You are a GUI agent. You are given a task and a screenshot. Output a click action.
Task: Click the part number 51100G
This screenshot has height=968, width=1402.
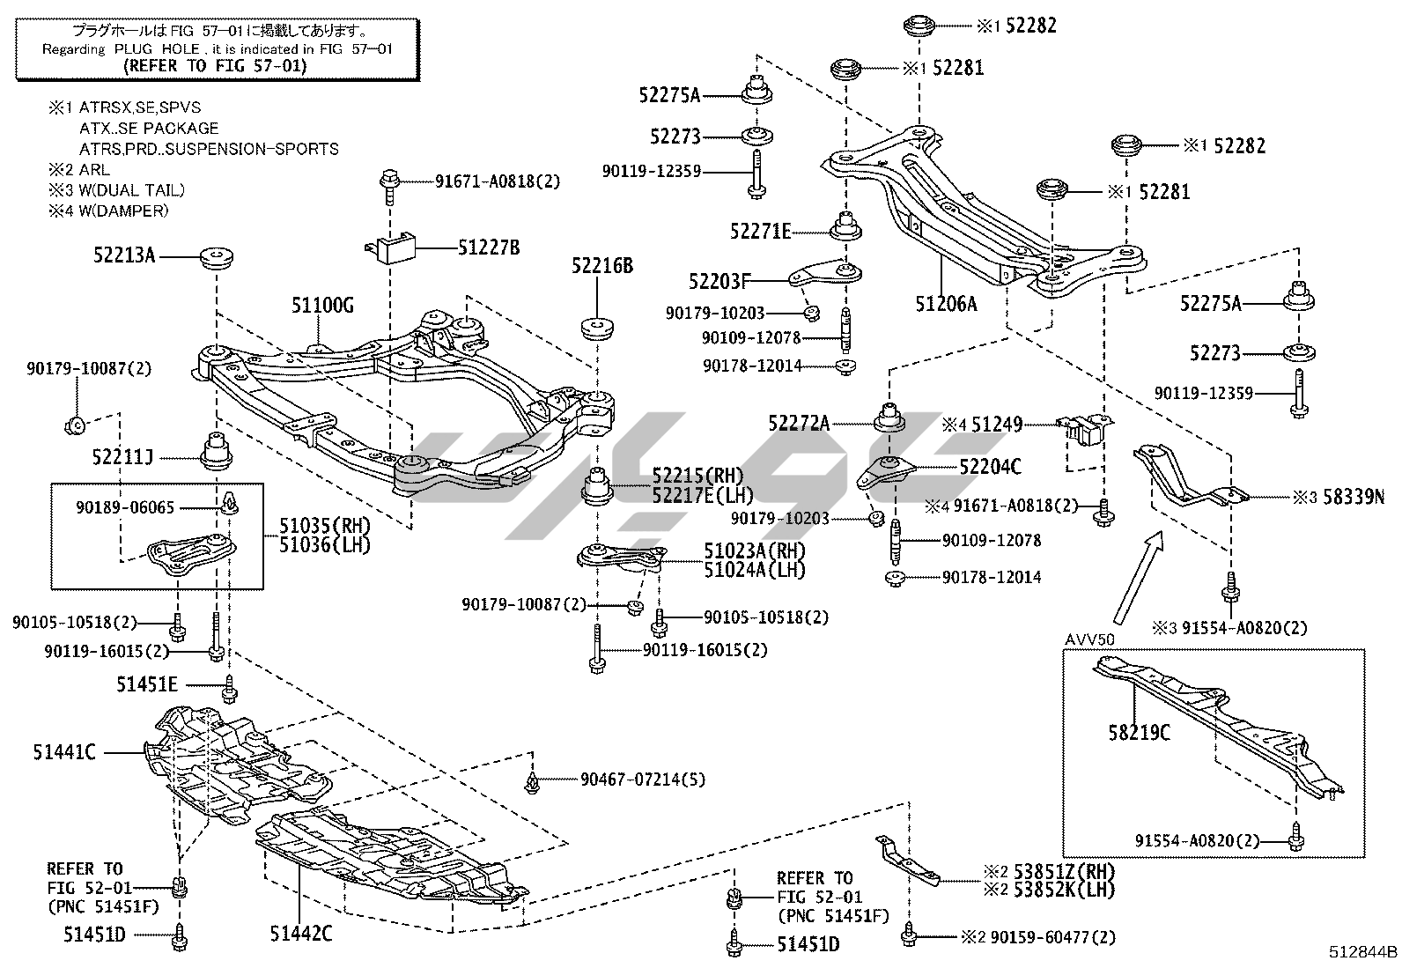(322, 306)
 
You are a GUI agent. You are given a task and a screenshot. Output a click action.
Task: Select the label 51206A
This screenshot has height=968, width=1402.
(946, 304)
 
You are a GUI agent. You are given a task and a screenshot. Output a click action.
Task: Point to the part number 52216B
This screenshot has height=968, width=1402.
(601, 265)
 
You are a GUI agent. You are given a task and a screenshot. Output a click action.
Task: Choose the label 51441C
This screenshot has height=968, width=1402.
(64, 752)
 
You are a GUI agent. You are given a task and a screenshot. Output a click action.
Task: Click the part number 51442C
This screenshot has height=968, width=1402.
(301, 934)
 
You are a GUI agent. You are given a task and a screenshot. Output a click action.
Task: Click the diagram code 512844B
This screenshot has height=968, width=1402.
(1363, 952)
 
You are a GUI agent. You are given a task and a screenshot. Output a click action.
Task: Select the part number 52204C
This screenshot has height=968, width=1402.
(990, 467)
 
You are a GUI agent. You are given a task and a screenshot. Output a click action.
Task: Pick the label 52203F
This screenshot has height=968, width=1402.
(719, 282)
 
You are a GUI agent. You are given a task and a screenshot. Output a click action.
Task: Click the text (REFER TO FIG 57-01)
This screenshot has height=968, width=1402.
(215, 66)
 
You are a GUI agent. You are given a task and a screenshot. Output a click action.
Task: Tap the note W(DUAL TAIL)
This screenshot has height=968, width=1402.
(132, 190)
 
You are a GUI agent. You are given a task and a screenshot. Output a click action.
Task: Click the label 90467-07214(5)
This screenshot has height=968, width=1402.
(642, 780)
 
